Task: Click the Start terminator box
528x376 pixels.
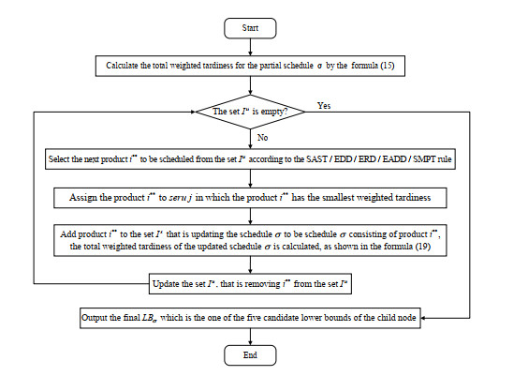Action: point(250,29)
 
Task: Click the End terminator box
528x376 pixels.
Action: point(250,355)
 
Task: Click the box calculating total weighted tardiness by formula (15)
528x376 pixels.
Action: point(250,67)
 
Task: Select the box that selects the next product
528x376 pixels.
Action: point(250,159)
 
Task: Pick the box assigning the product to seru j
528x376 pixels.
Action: point(250,198)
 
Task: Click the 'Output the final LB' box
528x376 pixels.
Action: point(250,318)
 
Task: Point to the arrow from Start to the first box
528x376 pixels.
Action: point(250,48)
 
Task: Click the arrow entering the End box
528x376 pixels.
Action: point(250,337)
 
